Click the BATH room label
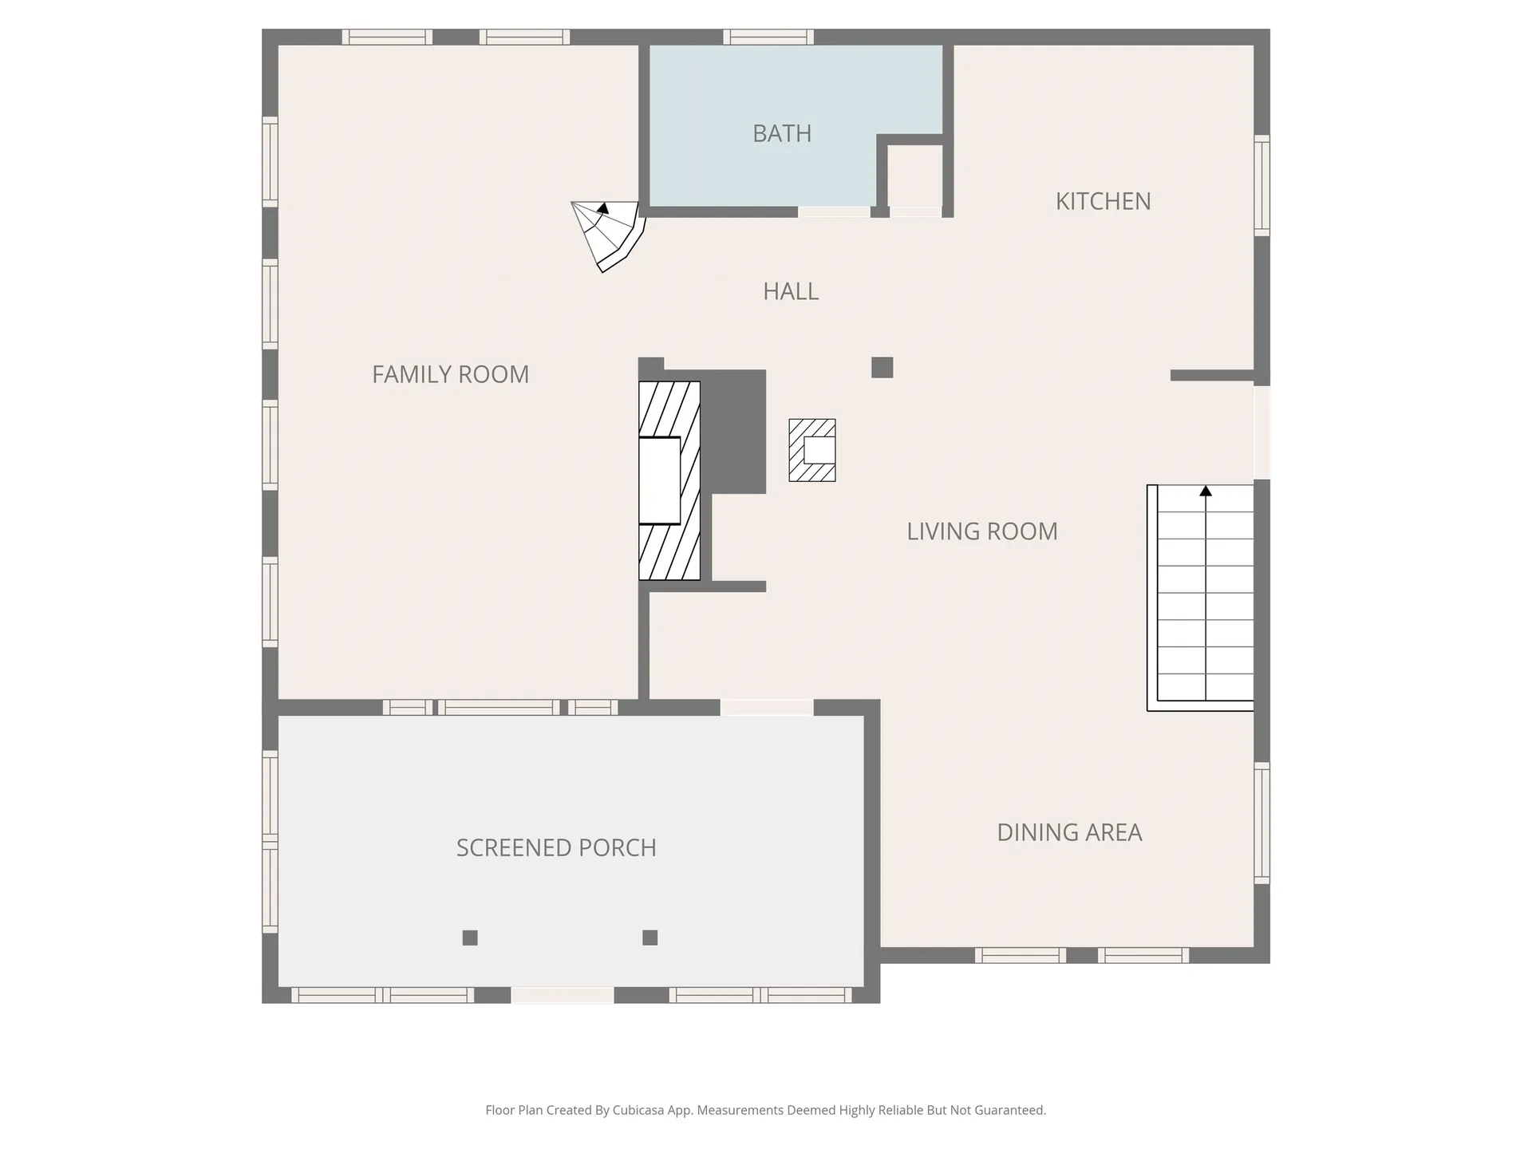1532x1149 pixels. pos(782,133)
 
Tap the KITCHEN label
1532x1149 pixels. pos(1103,201)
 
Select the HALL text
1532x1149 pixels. pos(791,291)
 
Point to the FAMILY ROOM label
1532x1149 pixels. pos(450,374)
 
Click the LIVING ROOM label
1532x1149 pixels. pos(981,531)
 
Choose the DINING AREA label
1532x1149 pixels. pos(1069,832)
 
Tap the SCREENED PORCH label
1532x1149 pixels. pos(556,847)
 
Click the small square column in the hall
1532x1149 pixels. pos(882,368)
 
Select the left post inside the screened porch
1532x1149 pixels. pos(470,938)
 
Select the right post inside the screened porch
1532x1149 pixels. pos(650,938)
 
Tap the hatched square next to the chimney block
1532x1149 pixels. pos(812,451)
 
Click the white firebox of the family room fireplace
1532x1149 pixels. pos(659,480)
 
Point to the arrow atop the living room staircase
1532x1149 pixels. pos(1206,491)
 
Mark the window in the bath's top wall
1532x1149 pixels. pos(768,37)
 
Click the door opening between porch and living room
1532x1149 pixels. pos(767,708)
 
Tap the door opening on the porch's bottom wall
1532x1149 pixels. pos(563,995)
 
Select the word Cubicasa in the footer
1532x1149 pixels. pos(638,1110)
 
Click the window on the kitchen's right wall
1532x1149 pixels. pos(1262,185)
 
